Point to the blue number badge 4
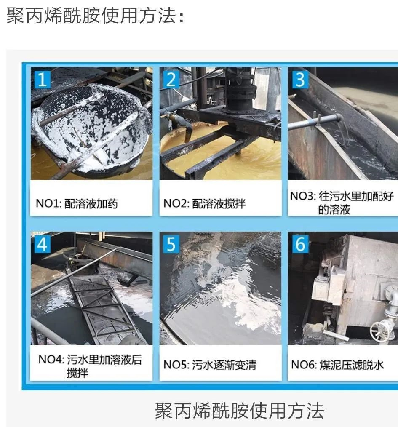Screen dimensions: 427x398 click(x=42, y=243)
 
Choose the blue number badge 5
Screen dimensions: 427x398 click(x=171, y=243)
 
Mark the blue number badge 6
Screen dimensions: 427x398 click(x=299, y=243)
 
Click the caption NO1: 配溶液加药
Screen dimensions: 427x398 click(x=77, y=204)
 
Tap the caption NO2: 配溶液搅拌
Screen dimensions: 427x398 click(x=204, y=204)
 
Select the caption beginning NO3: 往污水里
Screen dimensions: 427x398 click(x=342, y=203)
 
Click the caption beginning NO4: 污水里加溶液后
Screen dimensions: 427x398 click(x=90, y=366)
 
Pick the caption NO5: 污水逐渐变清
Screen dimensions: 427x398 click(x=210, y=364)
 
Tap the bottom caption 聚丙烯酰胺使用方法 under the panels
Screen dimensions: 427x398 click(x=240, y=410)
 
